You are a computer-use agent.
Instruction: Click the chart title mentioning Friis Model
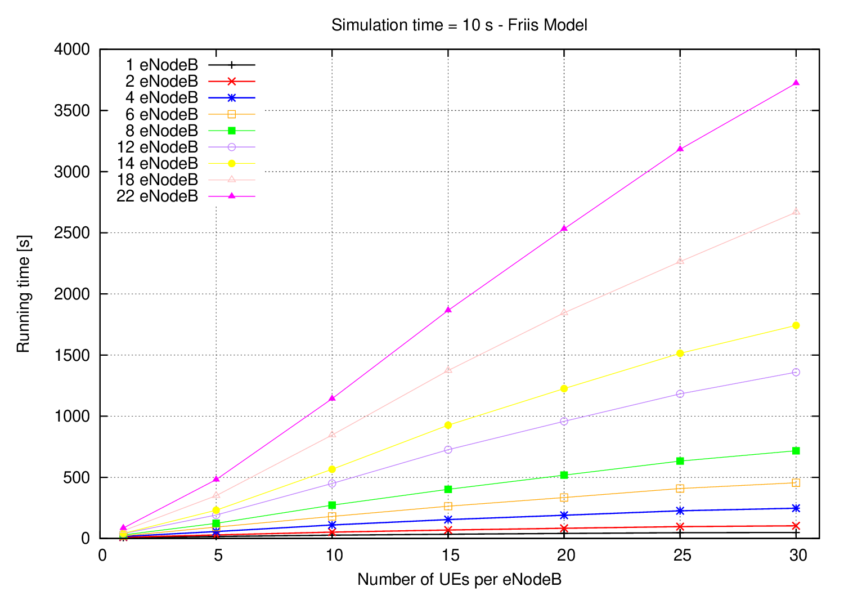(459, 25)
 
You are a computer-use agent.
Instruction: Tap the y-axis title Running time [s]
(24, 294)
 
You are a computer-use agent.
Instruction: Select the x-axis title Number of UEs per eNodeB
(459, 579)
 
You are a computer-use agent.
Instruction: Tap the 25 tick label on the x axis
(680, 556)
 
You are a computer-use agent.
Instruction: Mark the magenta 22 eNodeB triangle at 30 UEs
(796, 83)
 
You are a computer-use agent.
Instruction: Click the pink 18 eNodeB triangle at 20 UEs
(564, 312)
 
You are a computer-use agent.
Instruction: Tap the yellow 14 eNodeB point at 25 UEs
(680, 353)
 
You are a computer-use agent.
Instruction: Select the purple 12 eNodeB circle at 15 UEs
(448, 450)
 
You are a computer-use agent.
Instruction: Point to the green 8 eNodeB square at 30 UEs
(796, 451)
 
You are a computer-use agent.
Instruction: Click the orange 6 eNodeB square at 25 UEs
(680, 489)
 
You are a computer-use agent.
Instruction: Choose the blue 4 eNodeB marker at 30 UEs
(796, 508)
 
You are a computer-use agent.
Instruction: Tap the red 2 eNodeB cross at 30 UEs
(796, 526)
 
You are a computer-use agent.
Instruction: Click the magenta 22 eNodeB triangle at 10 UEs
(332, 398)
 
